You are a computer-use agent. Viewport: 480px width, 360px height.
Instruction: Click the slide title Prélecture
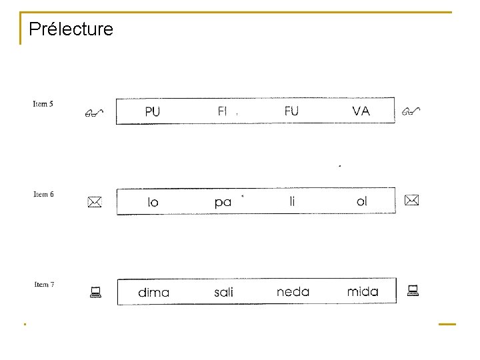71,29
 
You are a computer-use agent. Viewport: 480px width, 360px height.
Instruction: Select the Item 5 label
43,104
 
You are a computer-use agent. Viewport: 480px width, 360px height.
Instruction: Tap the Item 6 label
43,195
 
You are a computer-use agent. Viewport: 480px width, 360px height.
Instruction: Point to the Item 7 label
44,285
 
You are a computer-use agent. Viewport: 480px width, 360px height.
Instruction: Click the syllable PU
152,112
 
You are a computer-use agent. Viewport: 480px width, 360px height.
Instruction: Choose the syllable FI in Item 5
223,111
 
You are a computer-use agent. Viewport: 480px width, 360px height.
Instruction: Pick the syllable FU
291,111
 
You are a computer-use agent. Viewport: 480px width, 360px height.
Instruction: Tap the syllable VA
361,111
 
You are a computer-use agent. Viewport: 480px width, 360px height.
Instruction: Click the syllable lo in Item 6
153,202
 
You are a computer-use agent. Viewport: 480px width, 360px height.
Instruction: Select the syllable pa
223,202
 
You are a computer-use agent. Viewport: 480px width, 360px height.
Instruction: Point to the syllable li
292,201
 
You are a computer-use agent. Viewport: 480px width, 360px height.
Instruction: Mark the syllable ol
361,201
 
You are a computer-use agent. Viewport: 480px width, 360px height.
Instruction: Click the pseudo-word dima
153,293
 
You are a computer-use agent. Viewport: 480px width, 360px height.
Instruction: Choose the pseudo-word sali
223,293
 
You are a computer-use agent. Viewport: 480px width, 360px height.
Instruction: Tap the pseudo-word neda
293,292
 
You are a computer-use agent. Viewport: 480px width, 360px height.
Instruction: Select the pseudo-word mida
363,292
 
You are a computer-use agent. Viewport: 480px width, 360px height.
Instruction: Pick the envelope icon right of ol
411,200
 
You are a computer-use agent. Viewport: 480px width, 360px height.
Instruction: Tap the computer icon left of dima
95,291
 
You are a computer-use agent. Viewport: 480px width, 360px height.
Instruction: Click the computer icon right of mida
413,290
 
